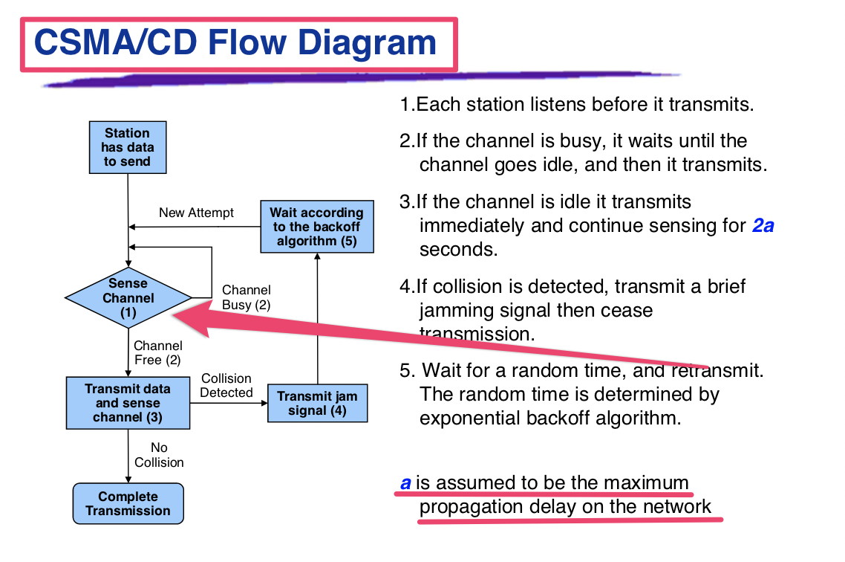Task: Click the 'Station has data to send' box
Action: pyautogui.click(x=128, y=147)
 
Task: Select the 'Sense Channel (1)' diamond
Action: pyautogui.click(x=128, y=297)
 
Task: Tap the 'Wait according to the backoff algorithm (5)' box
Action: pyautogui.click(x=317, y=227)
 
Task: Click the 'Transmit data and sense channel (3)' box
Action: pyautogui.click(x=128, y=403)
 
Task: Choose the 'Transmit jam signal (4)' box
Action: pyautogui.click(x=317, y=403)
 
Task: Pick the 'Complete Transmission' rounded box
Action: pyautogui.click(x=128, y=503)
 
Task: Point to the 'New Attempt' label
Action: pyautogui.click(x=196, y=213)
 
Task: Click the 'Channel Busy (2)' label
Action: pyautogui.click(x=247, y=297)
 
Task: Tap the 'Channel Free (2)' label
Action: pyautogui.click(x=158, y=352)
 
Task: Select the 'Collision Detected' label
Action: pyautogui.click(x=226, y=386)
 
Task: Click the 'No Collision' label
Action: pyautogui.click(x=159, y=455)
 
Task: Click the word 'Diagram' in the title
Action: pyautogui.click(x=367, y=42)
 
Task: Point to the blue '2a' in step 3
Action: pyautogui.click(x=763, y=225)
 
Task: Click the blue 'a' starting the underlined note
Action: pyautogui.click(x=406, y=482)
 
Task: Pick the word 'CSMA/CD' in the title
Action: pyautogui.click(x=115, y=42)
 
